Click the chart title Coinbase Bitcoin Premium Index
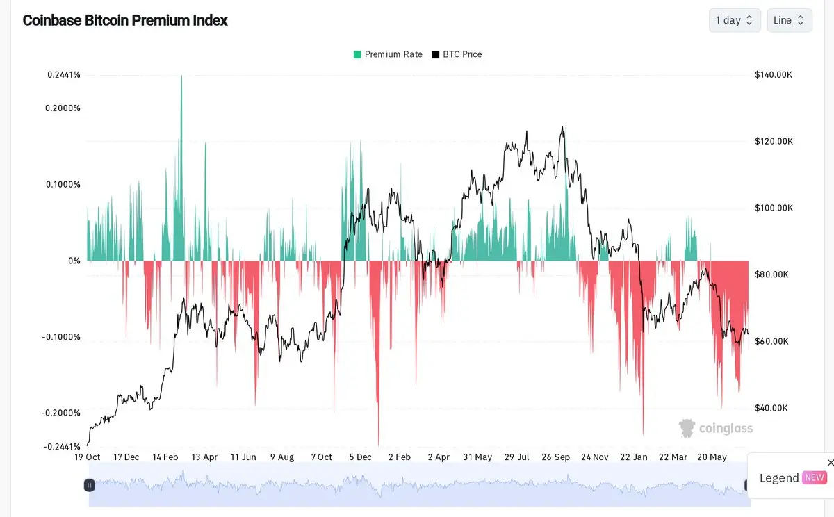click(125, 20)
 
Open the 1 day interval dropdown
click(735, 20)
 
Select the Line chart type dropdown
click(790, 20)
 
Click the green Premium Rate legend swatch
click(357, 55)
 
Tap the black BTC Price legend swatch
click(435, 55)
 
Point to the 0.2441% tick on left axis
click(64, 75)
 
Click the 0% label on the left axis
click(74, 261)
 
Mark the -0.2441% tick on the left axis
click(62, 446)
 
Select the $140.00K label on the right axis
click(774, 75)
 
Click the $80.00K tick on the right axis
click(771, 274)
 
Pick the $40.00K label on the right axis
click(771, 408)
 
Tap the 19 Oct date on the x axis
click(87, 457)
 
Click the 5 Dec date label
click(360, 457)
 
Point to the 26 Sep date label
click(555, 457)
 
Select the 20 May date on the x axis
click(712, 457)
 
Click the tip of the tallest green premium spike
click(181, 76)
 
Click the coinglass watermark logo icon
click(687, 428)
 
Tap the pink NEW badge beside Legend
click(815, 477)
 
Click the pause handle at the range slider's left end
click(90, 485)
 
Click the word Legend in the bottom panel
click(779, 478)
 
